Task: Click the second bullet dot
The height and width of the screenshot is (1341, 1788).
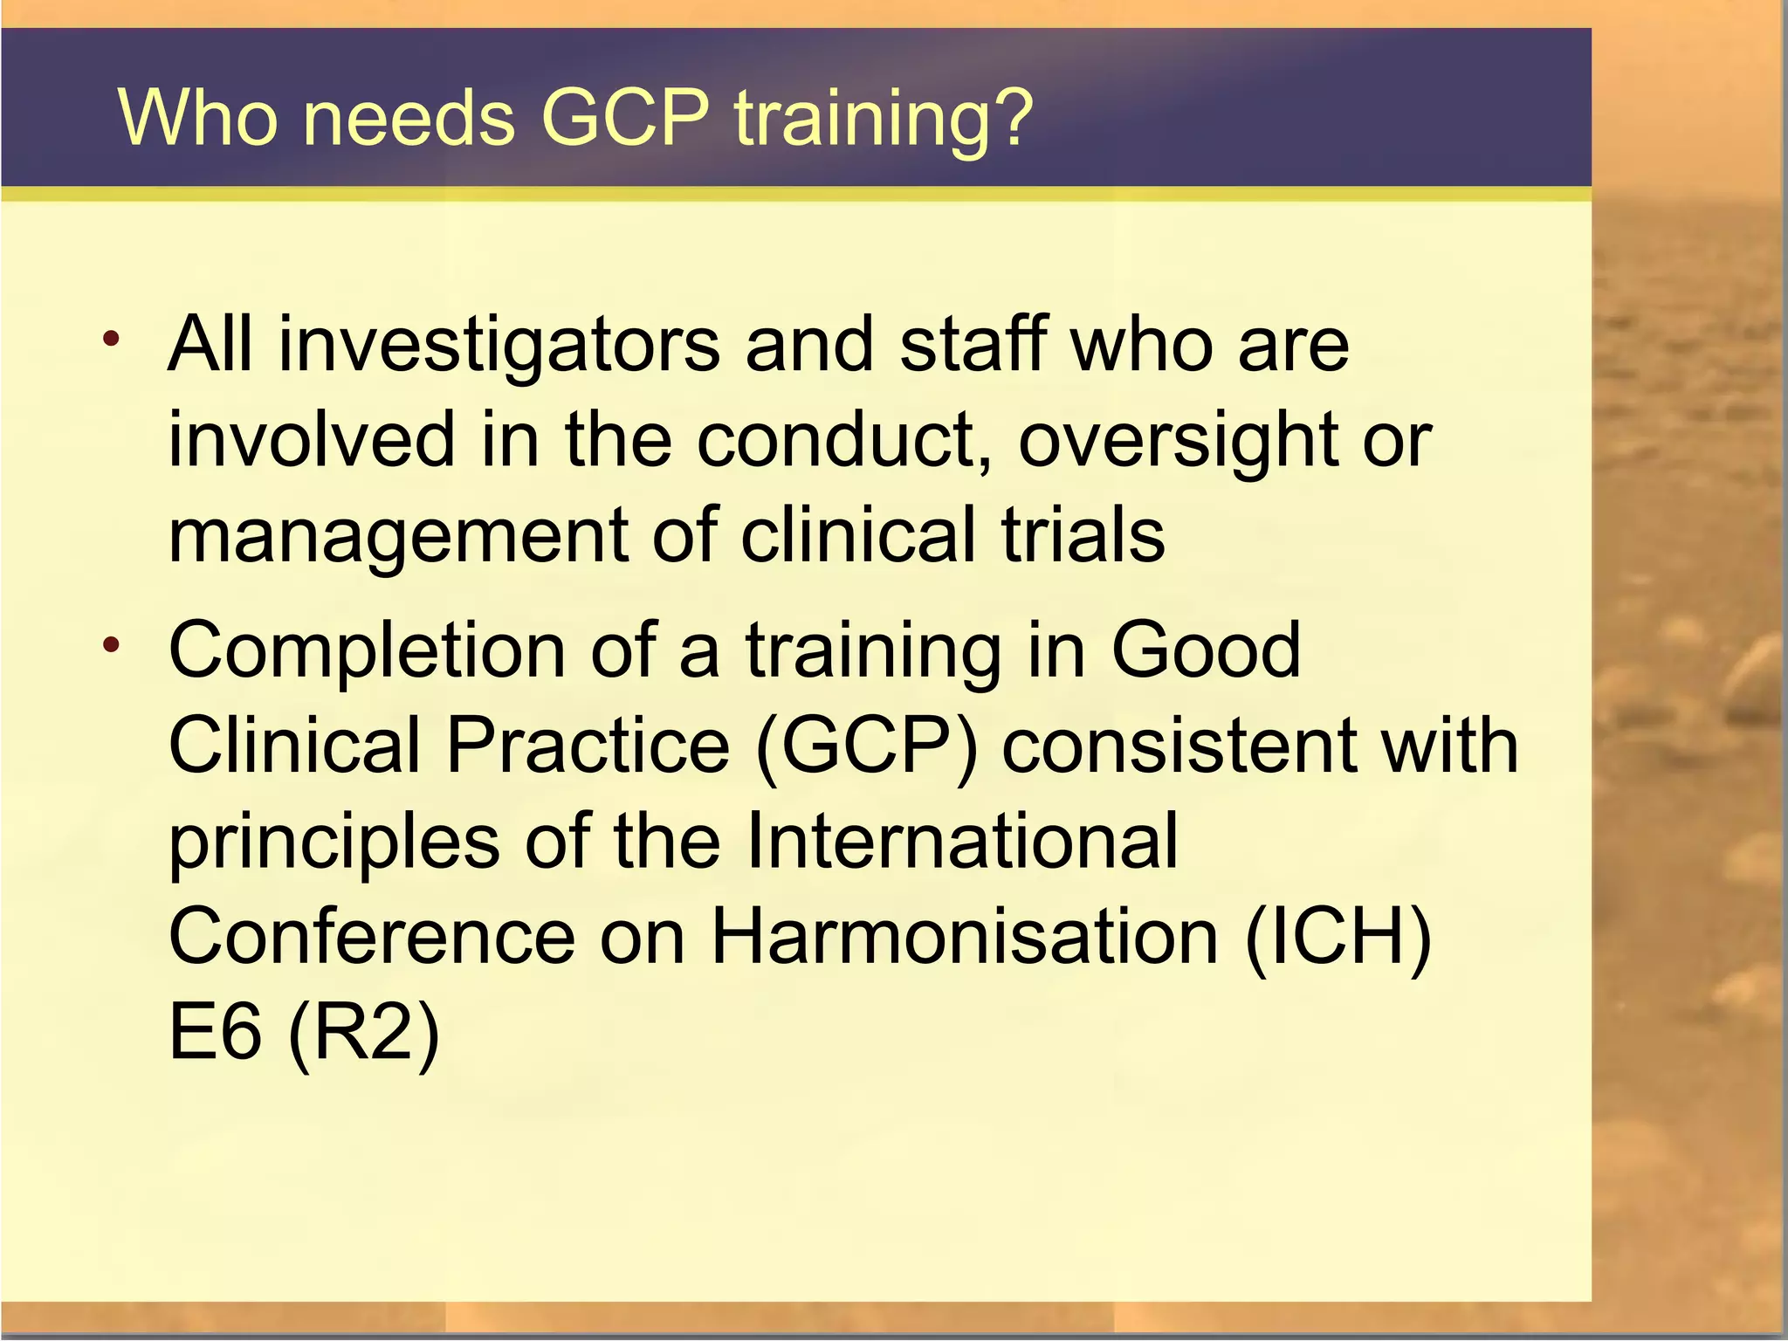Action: point(110,645)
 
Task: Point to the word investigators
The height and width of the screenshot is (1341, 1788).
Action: point(499,346)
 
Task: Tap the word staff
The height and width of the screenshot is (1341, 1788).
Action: point(973,344)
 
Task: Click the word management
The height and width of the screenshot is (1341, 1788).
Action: point(398,538)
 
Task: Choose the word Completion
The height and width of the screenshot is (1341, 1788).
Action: point(367,651)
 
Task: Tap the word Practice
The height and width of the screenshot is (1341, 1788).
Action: point(588,746)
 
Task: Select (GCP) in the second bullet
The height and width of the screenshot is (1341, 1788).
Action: point(867,747)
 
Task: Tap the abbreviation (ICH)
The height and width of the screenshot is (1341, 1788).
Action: point(1338,939)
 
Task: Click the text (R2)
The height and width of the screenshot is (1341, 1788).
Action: point(363,1035)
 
